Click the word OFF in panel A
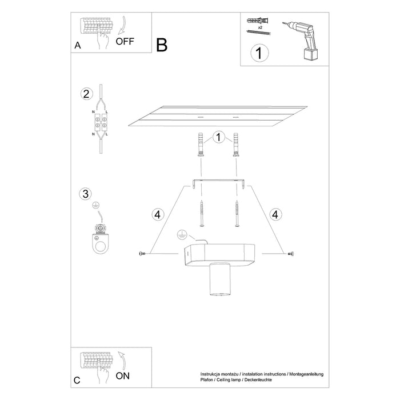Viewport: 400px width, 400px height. [125, 41]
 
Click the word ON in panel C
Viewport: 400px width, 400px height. [123, 376]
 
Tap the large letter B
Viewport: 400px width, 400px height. [162, 45]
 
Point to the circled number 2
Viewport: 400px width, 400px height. [86, 94]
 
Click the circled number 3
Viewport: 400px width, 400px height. [86, 193]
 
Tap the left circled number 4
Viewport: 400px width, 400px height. [158, 215]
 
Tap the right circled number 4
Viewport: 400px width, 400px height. [276, 215]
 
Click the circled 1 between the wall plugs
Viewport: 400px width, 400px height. [218, 137]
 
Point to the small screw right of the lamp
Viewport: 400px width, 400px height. [291, 253]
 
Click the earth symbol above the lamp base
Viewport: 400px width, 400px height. [183, 234]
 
